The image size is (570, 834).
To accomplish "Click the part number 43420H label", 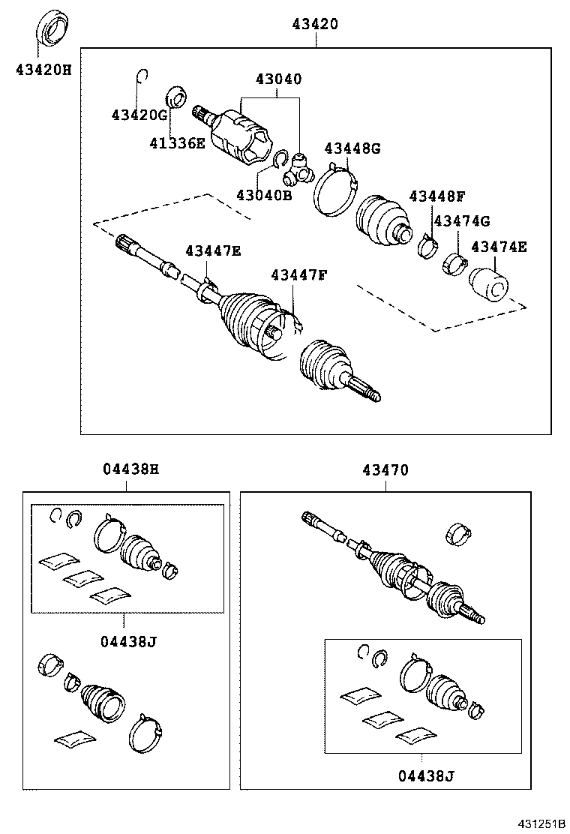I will tap(43, 70).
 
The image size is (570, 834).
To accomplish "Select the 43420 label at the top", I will tap(315, 25).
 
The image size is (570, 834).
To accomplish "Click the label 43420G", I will tap(138, 115).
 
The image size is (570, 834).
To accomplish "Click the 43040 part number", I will tap(278, 79).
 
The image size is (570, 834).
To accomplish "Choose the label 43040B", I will tap(263, 195).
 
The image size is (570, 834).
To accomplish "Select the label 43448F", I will tap(437, 196).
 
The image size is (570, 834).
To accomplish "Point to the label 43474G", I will tap(461, 220).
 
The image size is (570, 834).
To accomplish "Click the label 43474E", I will tap(499, 247).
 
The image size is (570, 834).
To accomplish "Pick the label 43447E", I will tap(213, 251).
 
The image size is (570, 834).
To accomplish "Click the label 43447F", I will tap(299, 274).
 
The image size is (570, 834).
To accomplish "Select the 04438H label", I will tap(130, 470).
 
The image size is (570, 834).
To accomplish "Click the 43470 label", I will tap(385, 470).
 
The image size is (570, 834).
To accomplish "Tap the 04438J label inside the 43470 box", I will tap(425, 775).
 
